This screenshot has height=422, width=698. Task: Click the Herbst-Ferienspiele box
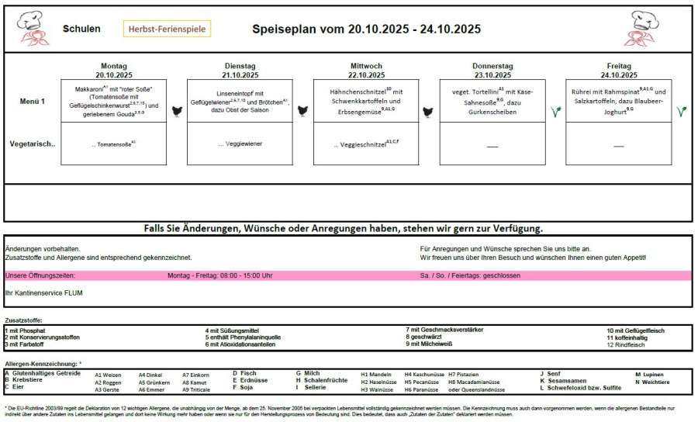tap(167, 29)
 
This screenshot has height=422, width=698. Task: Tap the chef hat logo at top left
tap(29, 28)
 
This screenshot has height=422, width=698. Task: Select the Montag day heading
tap(114, 66)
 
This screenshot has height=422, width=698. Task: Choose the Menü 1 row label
tap(33, 101)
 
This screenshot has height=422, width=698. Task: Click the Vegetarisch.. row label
tap(33, 144)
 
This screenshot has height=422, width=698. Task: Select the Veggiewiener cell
tap(240, 144)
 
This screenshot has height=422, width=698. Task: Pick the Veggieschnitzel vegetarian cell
tap(366, 144)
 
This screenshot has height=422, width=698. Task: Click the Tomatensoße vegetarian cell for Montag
tap(114, 144)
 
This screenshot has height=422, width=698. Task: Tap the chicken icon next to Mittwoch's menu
tap(427, 111)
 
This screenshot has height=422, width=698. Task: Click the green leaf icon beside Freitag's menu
tap(681, 111)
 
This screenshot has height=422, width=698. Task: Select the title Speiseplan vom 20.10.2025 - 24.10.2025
tap(366, 29)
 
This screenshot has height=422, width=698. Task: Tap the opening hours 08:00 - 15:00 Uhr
tap(219, 275)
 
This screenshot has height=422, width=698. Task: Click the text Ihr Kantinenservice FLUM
tap(43, 292)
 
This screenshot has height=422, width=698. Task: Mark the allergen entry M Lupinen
tap(650, 374)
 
